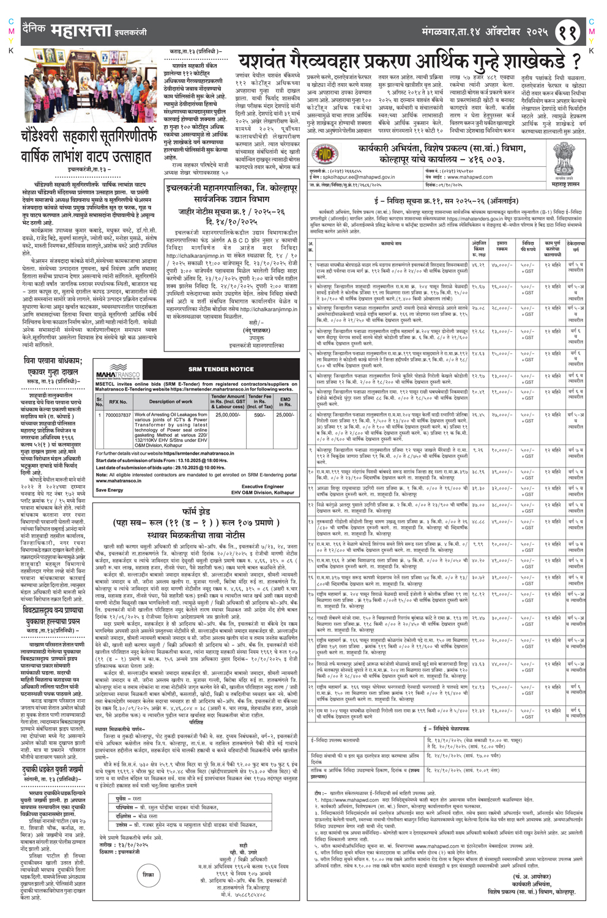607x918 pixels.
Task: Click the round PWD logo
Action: click(325, 154)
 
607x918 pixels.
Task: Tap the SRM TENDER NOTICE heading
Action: click(220, 369)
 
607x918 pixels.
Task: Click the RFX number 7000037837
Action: click(119, 415)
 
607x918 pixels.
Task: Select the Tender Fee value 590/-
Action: click(259, 415)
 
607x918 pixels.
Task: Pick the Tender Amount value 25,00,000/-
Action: click(228, 415)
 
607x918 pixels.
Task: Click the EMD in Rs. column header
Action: click(285, 401)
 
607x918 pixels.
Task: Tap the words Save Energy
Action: click(109, 490)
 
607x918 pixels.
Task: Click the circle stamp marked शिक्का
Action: click(148, 875)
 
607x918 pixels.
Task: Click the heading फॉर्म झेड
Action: click(197, 510)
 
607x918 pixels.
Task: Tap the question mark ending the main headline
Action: click(576, 61)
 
